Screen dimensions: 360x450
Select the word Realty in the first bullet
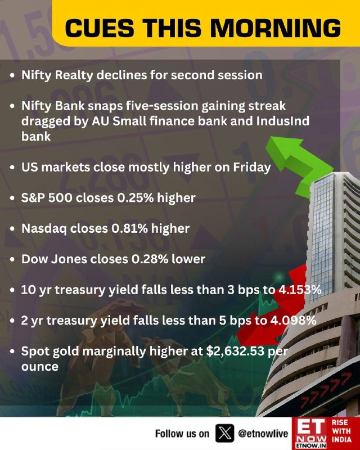pos(74,75)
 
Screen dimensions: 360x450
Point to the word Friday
pos(252,168)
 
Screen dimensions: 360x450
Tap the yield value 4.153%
pos(300,290)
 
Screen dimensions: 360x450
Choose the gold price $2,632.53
pos(235,351)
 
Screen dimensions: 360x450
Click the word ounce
pos(40,367)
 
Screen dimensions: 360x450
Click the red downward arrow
pos(273,307)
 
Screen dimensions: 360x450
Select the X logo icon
pos(224,433)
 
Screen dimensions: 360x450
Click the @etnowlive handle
pos(263,433)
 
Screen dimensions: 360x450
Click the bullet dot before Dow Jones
pos(12,259)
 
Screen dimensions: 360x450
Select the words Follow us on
pos(182,433)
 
